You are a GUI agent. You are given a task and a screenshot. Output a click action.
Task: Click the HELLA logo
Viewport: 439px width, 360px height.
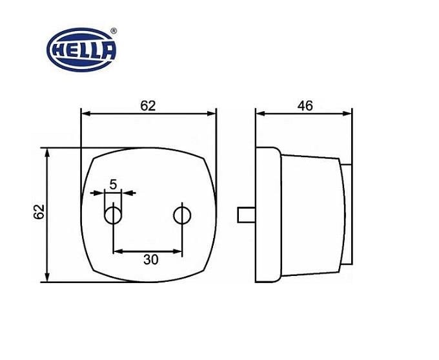[81, 49]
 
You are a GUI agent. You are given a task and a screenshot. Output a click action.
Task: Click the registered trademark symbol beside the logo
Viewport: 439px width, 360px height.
[114, 31]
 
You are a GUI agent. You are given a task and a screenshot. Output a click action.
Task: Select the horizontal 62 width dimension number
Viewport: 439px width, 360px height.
[148, 105]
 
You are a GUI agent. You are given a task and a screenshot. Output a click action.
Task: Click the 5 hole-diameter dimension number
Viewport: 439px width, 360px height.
[113, 184]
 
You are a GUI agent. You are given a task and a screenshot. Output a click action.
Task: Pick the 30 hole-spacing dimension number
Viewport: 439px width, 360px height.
[150, 259]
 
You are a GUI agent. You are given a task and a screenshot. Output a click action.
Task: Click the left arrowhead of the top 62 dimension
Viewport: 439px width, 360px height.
[85, 114]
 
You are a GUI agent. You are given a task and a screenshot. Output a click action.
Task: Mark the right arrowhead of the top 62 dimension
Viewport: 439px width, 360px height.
[212, 114]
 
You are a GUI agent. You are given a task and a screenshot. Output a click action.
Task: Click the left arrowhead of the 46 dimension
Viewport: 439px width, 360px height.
[260, 114]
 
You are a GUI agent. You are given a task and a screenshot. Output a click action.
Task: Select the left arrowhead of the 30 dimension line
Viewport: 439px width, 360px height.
[117, 251]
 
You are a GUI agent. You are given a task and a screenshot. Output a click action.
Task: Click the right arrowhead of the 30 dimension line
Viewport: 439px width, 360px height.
[178, 251]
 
